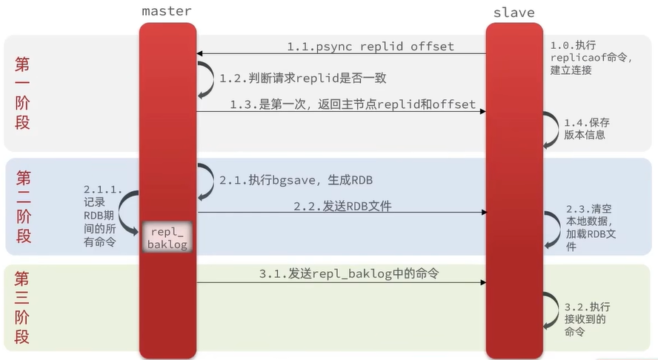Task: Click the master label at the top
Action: point(167,11)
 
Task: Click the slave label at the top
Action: point(514,13)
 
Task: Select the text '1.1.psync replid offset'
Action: point(370,47)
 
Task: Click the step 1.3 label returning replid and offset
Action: point(352,104)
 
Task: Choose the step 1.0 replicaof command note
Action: point(591,56)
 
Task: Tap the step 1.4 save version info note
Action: point(587,128)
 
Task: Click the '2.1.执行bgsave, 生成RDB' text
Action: point(296,180)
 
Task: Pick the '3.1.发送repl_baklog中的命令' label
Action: point(349,274)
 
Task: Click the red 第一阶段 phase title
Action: point(23,93)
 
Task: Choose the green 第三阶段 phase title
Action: point(23,307)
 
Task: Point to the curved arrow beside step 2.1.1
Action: point(130,212)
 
